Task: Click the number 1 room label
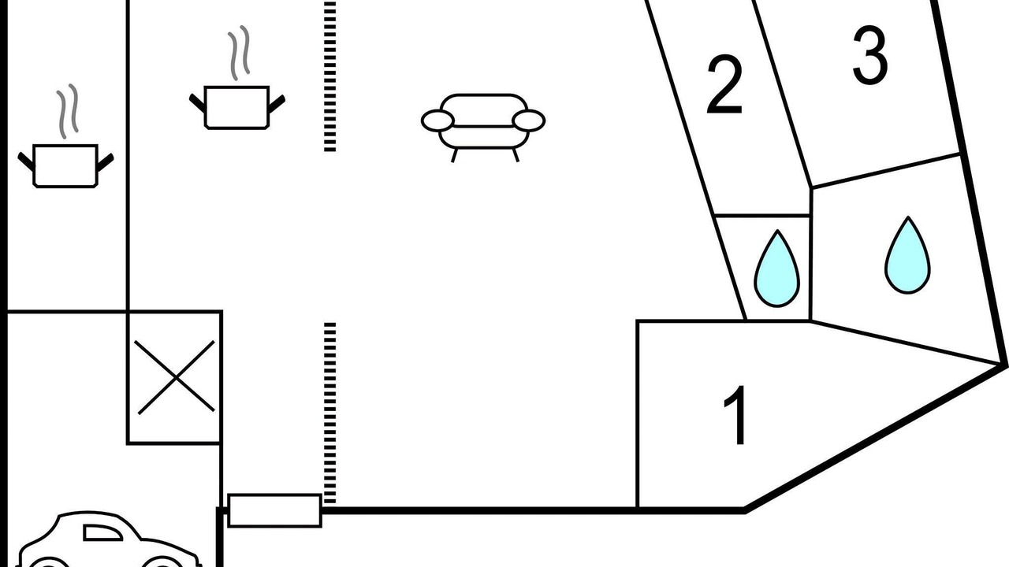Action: [735, 415]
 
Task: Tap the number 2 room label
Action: [724, 84]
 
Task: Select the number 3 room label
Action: [870, 55]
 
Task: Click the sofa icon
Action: [483, 128]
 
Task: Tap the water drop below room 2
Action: [777, 269]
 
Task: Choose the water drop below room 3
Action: [907, 256]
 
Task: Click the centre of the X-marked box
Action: [176, 377]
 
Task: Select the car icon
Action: [108, 539]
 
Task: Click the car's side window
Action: [102, 532]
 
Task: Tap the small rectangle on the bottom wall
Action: [275, 510]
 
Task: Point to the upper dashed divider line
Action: [330, 76]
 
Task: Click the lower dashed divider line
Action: [330, 413]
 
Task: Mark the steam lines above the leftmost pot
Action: [68, 111]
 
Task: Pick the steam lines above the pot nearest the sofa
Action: [239, 53]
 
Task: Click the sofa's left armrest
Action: [437, 120]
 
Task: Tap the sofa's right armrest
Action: [529, 120]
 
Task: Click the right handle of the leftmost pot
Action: [106, 162]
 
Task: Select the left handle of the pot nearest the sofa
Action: [197, 103]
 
